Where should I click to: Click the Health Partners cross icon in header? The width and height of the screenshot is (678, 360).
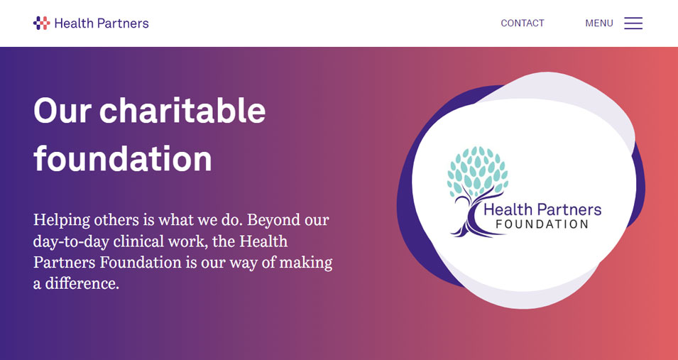tap(41, 23)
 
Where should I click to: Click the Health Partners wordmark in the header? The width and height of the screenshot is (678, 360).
tap(102, 23)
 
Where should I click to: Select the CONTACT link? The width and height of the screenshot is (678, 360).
tap(522, 23)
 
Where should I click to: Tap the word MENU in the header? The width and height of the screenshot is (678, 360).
tap(598, 23)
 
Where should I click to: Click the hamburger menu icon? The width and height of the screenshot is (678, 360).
tap(633, 23)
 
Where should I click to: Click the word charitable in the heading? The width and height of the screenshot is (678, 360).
tap(182, 111)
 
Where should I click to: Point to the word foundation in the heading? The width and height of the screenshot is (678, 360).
tap(123, 158)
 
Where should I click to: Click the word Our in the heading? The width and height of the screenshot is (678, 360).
tap(60, 111)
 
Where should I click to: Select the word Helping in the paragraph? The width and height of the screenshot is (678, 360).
tap(61, 220)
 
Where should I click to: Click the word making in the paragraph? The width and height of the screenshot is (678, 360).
tap(305, 263)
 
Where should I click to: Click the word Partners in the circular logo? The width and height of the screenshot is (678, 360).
tap(569, 209)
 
